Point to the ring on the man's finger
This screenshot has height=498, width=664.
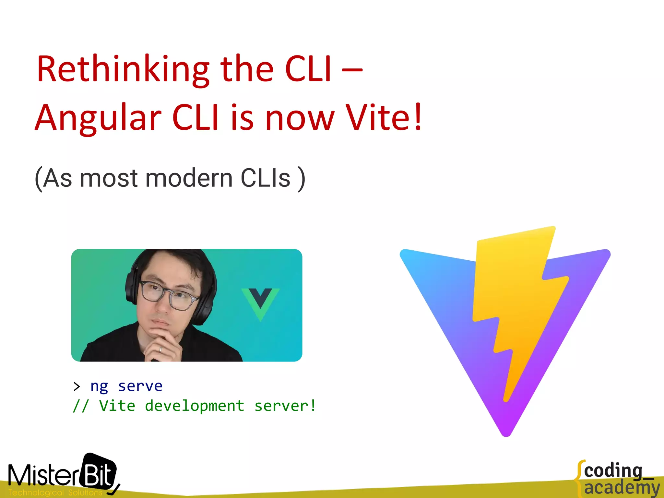160,349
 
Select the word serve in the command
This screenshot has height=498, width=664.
140,386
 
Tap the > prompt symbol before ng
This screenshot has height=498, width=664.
77,386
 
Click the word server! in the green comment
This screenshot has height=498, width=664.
285,406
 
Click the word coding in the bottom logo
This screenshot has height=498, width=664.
613,471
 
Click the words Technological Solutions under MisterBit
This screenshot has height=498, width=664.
55,492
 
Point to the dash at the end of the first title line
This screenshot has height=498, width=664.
352,69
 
